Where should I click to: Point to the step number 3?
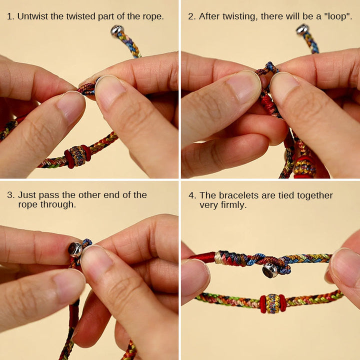10,195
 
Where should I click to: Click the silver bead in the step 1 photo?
117,31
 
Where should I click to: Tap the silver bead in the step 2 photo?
302,29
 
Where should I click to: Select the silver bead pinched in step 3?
75,248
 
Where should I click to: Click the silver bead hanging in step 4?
270,270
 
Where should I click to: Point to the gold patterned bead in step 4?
272,303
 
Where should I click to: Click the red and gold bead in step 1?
77,156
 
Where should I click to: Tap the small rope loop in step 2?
270,67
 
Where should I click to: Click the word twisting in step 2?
236,16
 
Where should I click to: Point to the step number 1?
10,16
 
